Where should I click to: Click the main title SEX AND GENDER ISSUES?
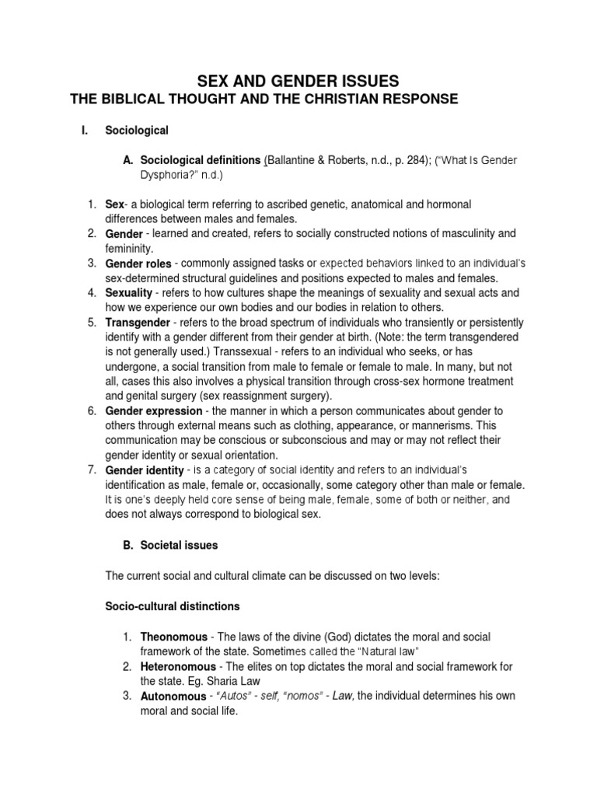pos(298,80)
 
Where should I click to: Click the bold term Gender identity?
pos(145,470)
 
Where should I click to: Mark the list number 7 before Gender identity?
pos(91,470)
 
